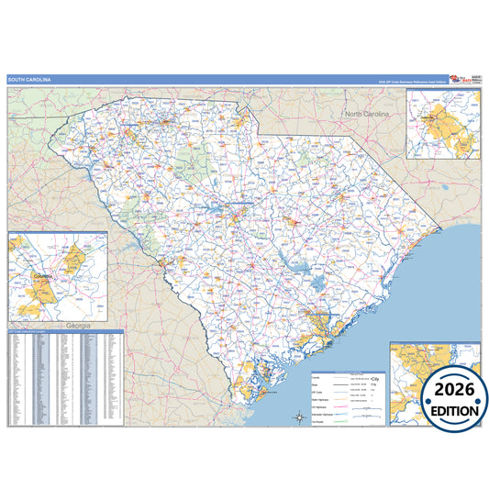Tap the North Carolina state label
pos(367,114)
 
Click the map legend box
pos(348,395)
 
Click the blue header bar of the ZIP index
pos(65,331)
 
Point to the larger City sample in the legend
pos(375,378)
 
